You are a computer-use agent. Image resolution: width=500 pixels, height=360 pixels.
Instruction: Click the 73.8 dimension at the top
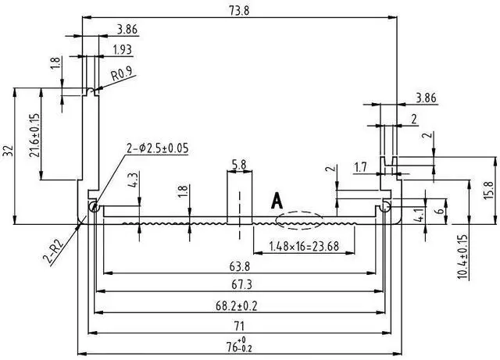coord(240,10)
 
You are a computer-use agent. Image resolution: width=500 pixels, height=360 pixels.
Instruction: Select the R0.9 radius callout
coord(122,75)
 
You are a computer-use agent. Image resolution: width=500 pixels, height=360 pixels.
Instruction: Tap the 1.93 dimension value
coord(122,50)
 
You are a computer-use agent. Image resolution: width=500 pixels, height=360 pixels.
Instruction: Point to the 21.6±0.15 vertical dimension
coord(34,135)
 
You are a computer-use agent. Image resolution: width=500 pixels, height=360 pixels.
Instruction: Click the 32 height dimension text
coord(8,151)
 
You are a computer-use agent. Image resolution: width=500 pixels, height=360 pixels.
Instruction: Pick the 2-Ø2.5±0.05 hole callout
coord(158,148)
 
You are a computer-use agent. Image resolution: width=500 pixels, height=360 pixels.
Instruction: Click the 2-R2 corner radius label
coord(54,251)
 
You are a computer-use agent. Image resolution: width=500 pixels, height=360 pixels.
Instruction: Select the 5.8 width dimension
coord(239,165)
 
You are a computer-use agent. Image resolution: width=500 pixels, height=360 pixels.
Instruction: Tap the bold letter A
coord(277,201)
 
